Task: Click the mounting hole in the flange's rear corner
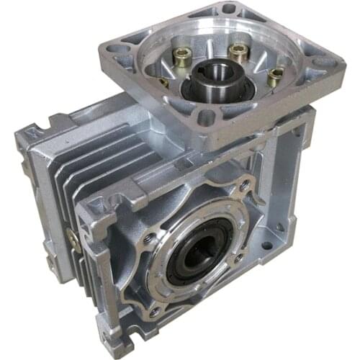(x=229, y=9)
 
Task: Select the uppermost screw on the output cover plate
(x=245, y=186)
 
